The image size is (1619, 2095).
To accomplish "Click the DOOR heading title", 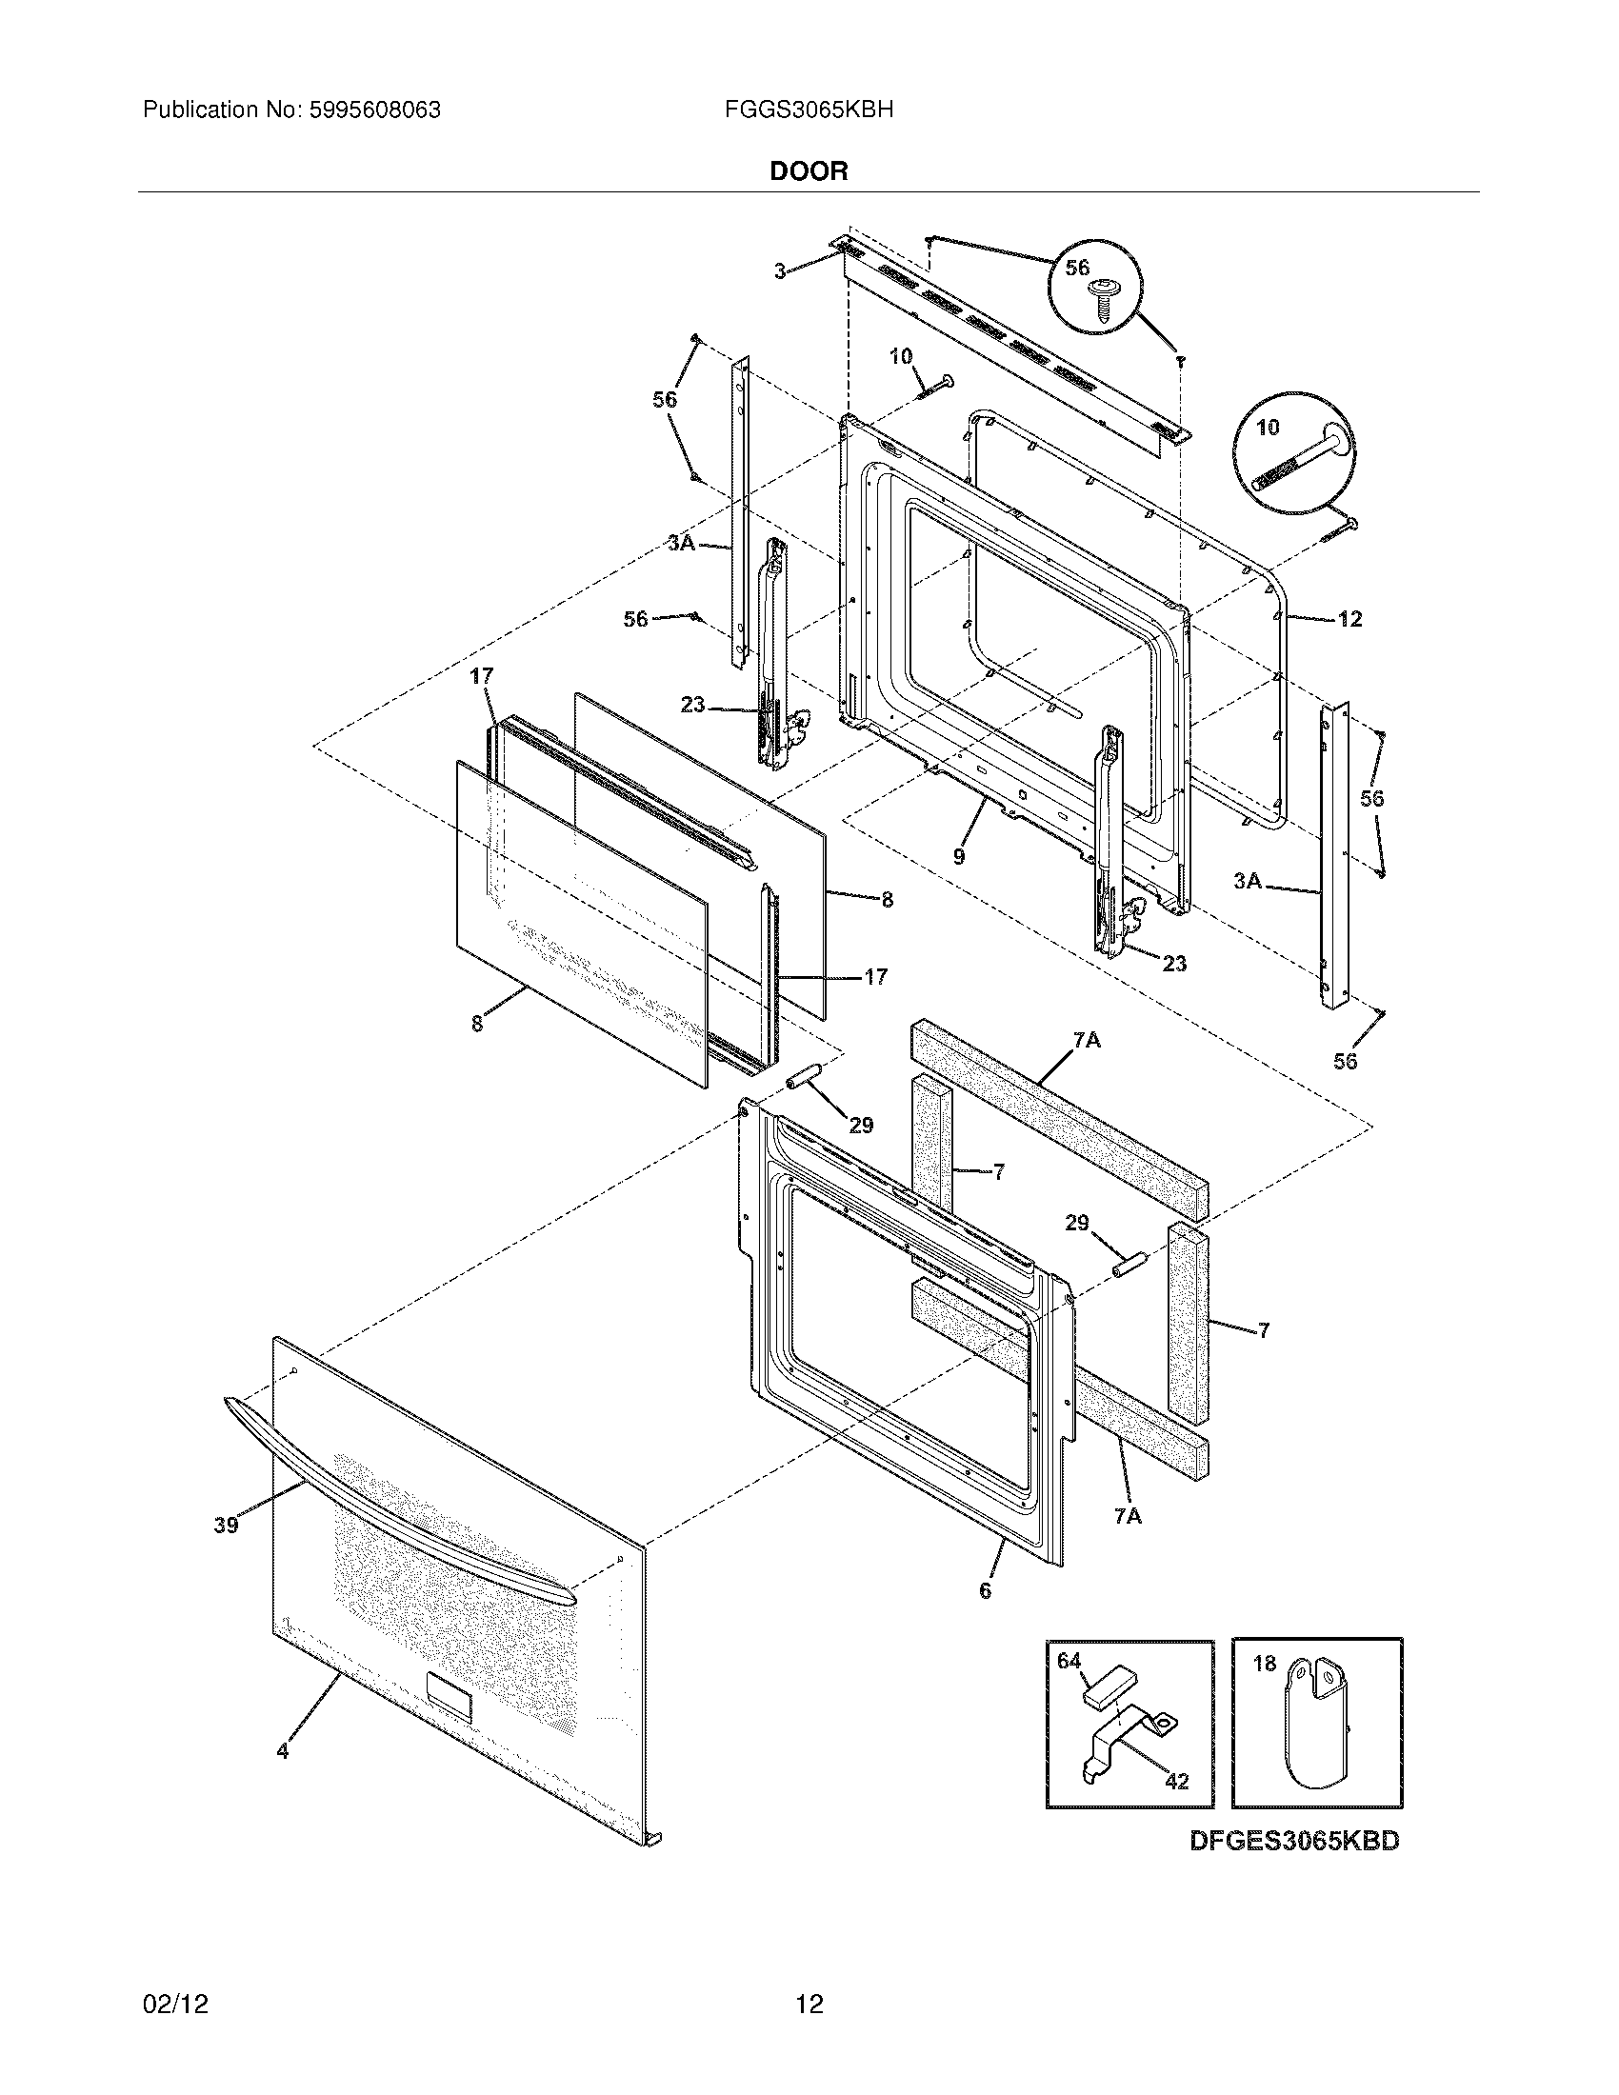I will [x=809, y=171].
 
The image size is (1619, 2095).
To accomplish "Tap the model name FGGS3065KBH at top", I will [x=809, y=110].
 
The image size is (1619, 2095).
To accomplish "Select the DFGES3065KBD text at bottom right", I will [x=1294, y=1841].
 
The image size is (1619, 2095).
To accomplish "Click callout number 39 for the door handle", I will [x=226, y=1526].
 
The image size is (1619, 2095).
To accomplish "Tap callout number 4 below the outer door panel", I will [x=282, y=1750].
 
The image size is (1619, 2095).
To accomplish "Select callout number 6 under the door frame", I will [x=985, y=1590].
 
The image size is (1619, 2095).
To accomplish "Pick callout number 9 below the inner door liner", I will [x=959, y=857].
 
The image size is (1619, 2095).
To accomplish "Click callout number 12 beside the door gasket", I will [x=1349, y=620].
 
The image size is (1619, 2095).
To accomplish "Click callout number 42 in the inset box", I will [x=1176, y=1782].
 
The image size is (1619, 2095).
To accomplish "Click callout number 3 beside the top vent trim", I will [x=781, y=272].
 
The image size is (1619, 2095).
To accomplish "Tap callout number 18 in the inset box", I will [x=1264, y=1665].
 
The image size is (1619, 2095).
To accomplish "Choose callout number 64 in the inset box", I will [x=1069, y=1661].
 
